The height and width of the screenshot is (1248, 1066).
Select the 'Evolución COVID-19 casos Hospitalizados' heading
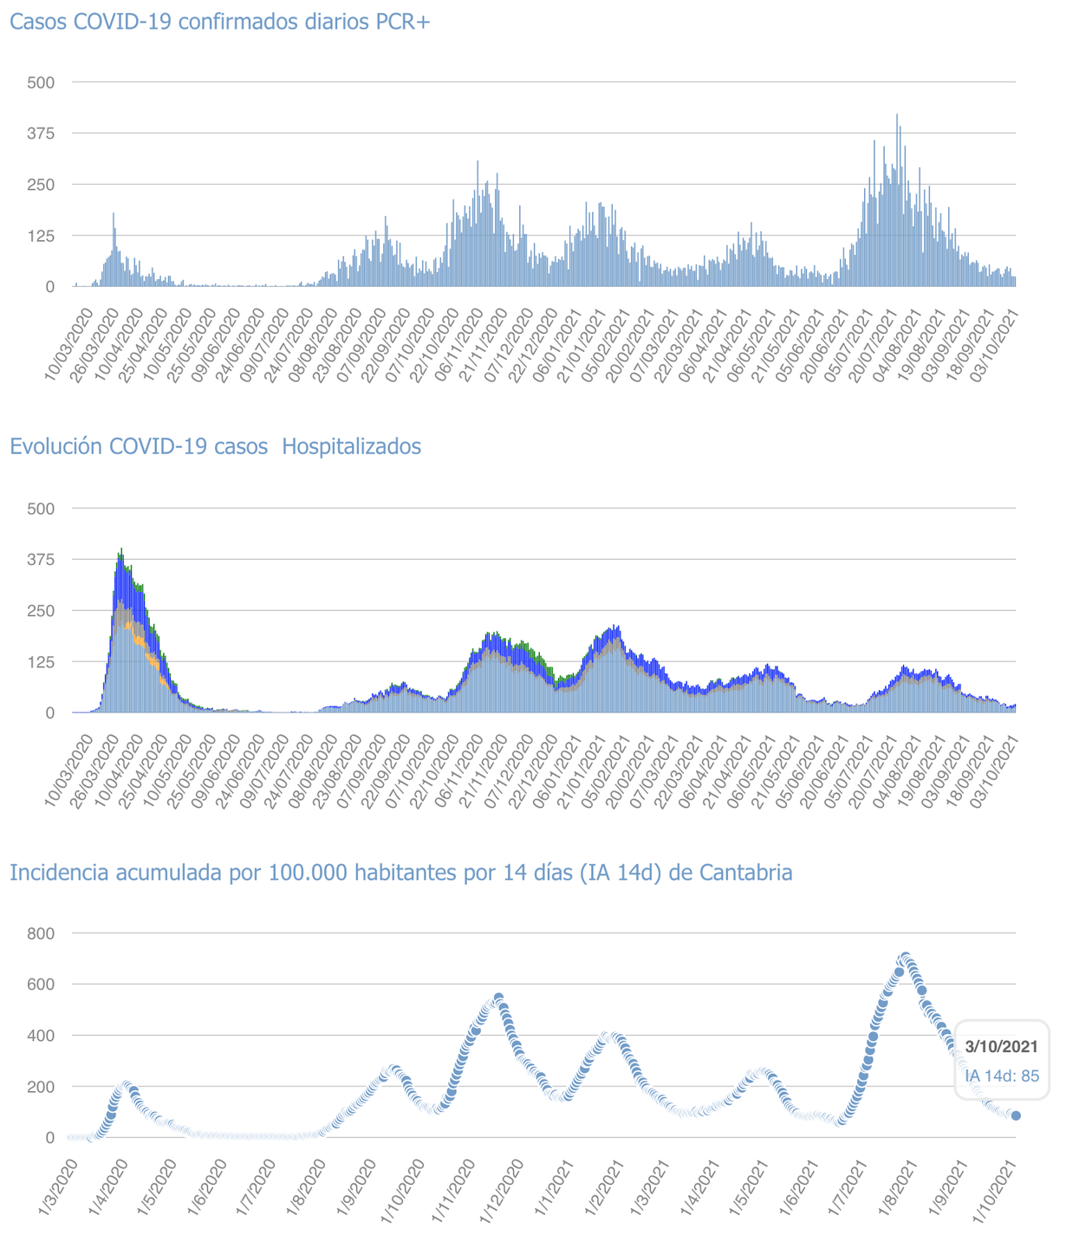215,446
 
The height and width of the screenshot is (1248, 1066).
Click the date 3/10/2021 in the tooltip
1002,1047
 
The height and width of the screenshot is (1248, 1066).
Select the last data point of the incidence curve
1016,1115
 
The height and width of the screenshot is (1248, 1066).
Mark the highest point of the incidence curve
905,958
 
